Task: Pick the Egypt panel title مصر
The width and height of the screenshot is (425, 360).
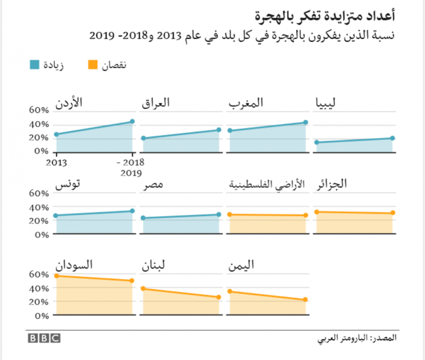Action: [153, 185]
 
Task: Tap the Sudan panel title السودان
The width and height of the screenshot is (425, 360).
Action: [75, 264]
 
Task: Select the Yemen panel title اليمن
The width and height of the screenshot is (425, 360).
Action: [242, 264]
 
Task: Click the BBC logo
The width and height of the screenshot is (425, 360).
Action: [44, 338]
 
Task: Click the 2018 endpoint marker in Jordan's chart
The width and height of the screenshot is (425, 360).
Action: [132, 122]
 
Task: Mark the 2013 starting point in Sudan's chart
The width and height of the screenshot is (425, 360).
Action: [56, 276]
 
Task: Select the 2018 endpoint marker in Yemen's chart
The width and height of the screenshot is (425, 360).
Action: [305, 300]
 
